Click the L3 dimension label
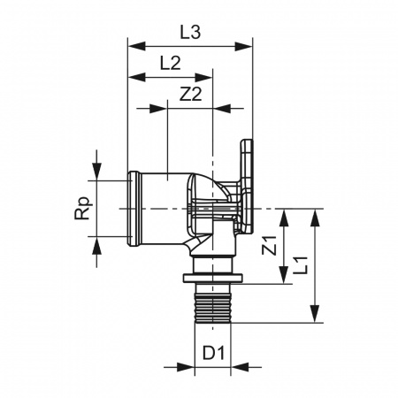coord(190,32)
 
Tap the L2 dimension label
coord(170,63)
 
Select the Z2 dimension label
coord(191,95)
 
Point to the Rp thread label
coord(82,208)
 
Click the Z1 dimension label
coord(270,245)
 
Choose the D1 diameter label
coord(213,353)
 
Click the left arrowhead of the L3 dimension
coord(137,46)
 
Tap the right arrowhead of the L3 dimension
coord(243,46)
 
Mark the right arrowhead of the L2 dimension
coord(203,78)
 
